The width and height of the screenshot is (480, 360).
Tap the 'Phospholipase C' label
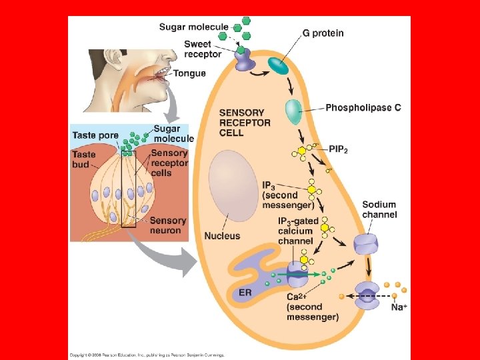[363, 107]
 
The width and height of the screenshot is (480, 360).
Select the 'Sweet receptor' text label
[203, 49]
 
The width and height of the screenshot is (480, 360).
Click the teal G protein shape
[278, 65]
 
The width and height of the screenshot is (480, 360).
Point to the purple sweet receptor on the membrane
[244, 59]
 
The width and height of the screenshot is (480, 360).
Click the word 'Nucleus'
[222, 236]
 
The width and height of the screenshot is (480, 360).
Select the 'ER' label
[245, 293]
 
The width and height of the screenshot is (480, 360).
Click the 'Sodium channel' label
[379, 209]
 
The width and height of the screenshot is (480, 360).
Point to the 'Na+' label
[399, 307]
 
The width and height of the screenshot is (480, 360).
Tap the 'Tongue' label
[189, 73]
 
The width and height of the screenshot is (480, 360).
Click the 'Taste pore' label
[95, 135]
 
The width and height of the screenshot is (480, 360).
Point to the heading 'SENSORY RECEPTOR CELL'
[245, 123]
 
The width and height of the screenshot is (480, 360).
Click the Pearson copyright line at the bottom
[147, 355]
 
